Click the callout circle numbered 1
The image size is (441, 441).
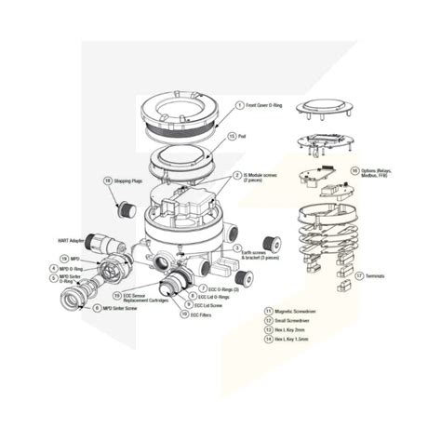pos(239,107)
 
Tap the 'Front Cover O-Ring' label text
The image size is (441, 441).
pos(269,107)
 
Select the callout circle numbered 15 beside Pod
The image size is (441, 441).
pos(233,136)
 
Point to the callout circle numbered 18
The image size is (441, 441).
pos(108,180)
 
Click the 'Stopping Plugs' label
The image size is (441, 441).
pos(128,180)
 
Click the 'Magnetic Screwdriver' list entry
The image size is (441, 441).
pos(292,311)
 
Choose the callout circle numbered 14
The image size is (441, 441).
pos(266,339)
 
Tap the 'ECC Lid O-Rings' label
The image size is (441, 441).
pos(218,296)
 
